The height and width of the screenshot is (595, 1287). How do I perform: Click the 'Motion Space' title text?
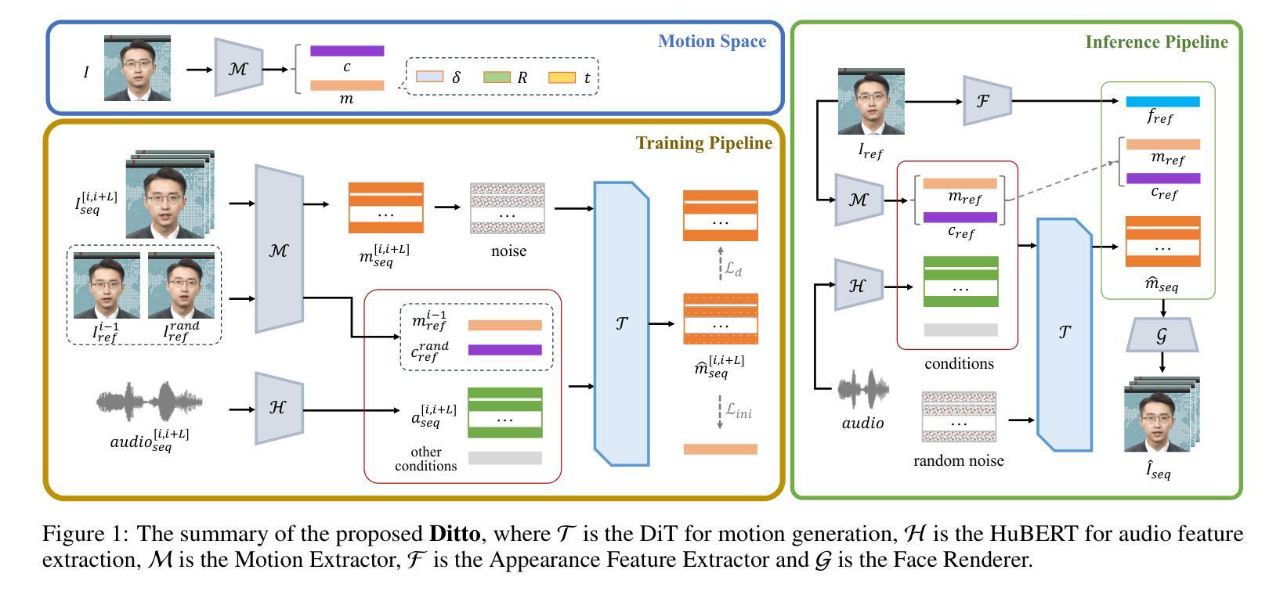click(712, 41)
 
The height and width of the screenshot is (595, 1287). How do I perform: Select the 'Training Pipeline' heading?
click(704, 143)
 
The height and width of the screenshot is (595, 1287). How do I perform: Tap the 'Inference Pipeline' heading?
click(1156, 42)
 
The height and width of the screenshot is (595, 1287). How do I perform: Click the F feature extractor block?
click(987, 101)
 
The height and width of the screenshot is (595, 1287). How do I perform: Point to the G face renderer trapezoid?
click(1162, 335)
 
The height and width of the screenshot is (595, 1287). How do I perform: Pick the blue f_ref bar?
click(1163, 102)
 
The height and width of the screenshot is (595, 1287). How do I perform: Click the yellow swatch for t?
click(562, 77)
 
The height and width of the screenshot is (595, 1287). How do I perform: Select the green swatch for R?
click(497, 77)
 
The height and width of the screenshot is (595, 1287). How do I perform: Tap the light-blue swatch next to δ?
click(430, 77)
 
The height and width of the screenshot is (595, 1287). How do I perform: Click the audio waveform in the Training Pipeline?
click(150, 402)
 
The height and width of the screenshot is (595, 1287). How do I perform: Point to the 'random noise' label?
click(958, 460)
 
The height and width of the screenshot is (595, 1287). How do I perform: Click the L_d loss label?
click(733, 269)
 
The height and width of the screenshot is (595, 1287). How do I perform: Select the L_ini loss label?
click(739, 411)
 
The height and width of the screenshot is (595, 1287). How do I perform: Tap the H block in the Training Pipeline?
click(279, 409)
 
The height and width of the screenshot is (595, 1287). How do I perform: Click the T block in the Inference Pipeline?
click(1065, 334)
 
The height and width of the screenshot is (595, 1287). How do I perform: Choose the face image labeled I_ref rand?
click(181, 286)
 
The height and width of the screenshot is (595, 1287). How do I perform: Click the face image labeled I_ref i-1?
click(107, 286)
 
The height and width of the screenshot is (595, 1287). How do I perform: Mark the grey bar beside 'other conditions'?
click(505, 458)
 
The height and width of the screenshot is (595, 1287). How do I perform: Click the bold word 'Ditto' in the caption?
click(454, 534)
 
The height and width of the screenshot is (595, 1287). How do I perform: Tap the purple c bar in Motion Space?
click(347, 51)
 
